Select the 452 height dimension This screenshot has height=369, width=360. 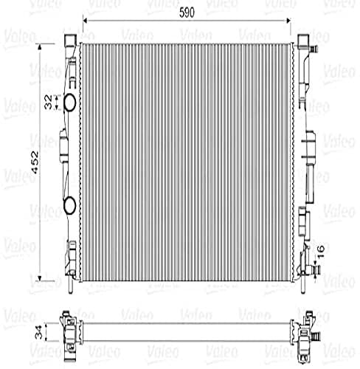[34, 168]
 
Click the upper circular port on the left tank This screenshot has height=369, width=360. [69, 104]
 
